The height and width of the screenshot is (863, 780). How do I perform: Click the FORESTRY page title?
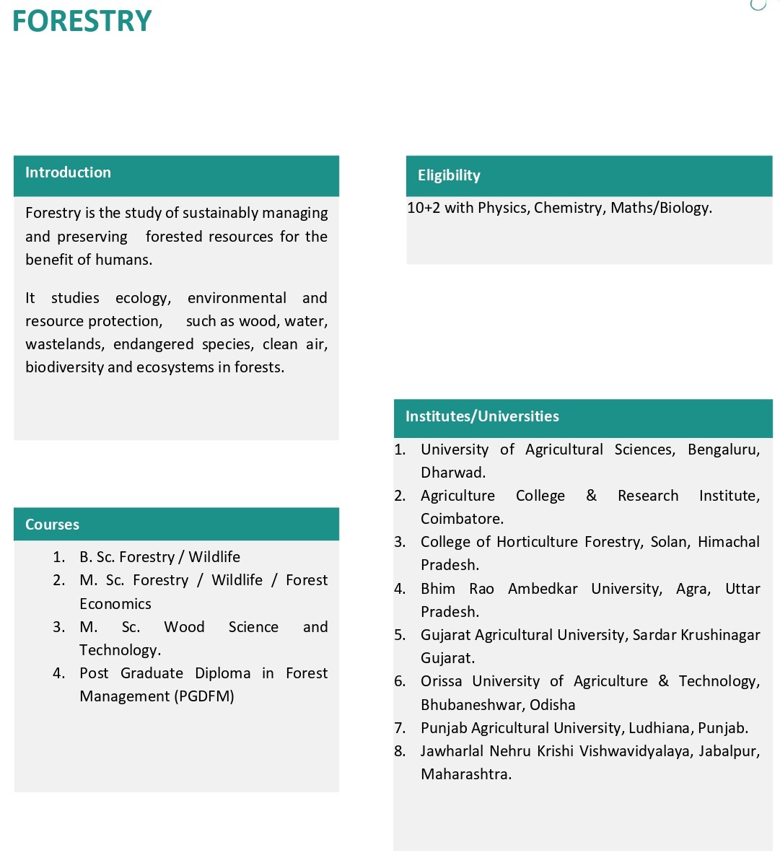tap(82, 21)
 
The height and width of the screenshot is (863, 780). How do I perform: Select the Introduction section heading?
tap(68, 172)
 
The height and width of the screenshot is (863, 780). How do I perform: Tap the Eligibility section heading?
tap(449, 175)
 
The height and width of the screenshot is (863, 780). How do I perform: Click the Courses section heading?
tap(52, 525)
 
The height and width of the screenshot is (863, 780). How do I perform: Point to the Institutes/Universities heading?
tap(482, 416)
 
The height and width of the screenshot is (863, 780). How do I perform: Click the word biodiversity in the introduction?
tap(64, 367)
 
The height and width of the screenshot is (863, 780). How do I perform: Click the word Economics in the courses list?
tap(115, 604)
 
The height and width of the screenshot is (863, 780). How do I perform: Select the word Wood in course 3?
tap(184, 627)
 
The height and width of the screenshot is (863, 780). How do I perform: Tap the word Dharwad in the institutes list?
tap(453, 473)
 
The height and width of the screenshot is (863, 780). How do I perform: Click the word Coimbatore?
tap(462, 519)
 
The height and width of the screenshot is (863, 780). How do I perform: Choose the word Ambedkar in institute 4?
tap(543, 589)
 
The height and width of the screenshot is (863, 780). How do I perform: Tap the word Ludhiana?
tap(660, 728)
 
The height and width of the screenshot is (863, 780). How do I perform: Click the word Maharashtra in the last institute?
tap(466, 774)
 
